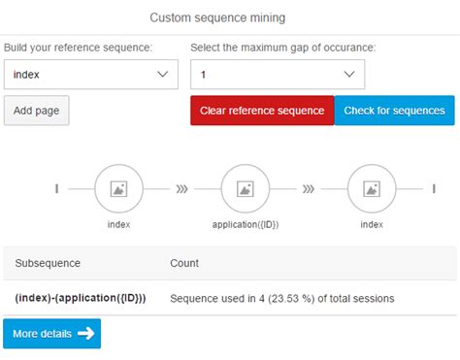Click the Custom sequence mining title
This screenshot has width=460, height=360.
231,17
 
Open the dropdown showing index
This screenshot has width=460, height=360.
90,74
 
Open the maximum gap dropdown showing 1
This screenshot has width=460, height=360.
277,74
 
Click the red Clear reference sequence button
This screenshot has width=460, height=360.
262,111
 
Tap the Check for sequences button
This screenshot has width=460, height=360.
394,111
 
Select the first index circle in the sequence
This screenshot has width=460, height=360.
118,188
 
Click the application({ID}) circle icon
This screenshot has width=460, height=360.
246,188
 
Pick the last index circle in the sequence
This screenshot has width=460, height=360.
372,188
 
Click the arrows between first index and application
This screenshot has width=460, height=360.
181,189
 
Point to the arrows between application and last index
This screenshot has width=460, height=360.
309,189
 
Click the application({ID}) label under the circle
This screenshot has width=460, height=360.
246,224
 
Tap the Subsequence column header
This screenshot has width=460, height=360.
48,263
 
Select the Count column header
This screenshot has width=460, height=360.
184,263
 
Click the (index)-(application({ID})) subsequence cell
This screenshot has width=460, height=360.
81,298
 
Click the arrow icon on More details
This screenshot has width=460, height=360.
85,334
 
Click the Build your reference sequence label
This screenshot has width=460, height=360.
78,47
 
